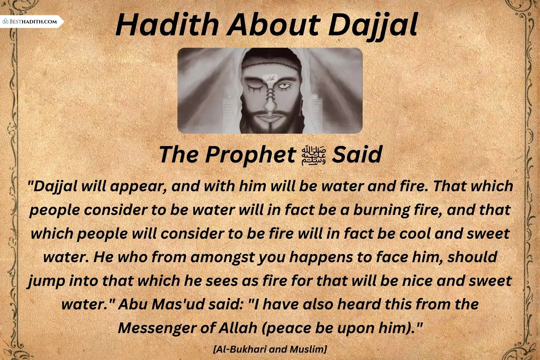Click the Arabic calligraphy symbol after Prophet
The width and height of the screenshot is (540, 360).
click(314, 155)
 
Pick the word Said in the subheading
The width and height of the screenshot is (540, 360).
click(357, 154)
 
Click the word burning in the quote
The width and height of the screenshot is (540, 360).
click(381, 210)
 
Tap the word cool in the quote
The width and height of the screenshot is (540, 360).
click(415, 234)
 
